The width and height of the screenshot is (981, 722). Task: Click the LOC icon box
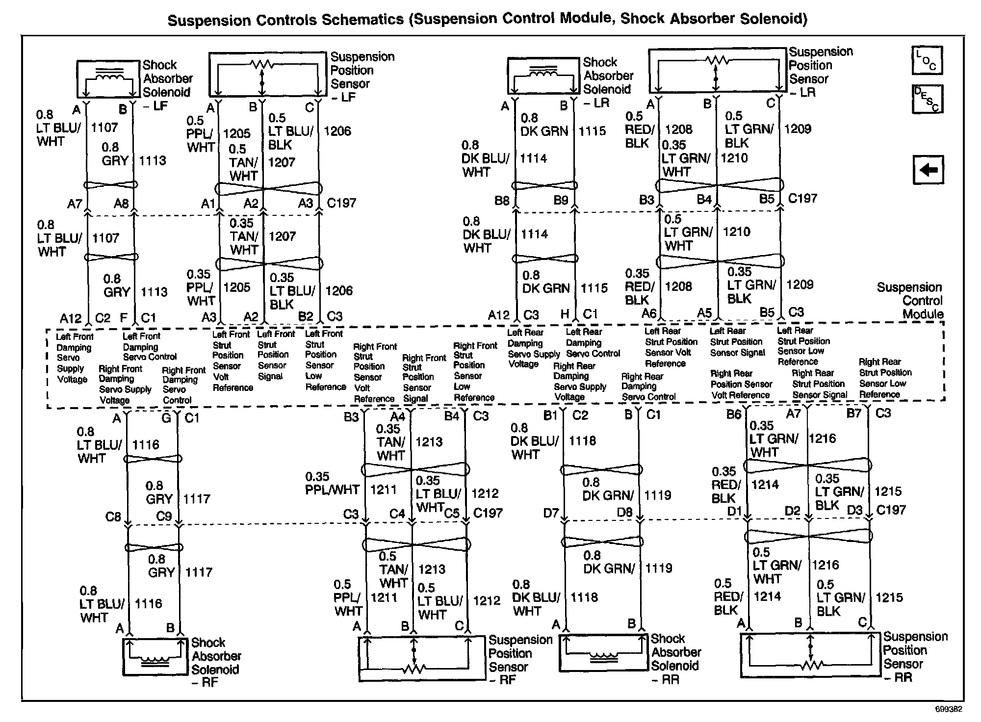(927, 61)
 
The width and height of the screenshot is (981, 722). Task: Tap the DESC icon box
(927, 100)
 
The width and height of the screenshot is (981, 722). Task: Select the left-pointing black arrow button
(928, 170)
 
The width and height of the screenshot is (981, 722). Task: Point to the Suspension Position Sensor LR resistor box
(718, 70)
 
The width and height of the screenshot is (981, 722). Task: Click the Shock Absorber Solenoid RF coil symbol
(155, 656)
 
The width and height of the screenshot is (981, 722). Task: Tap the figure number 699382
(948, 709)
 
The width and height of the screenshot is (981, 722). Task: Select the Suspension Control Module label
(910, 300)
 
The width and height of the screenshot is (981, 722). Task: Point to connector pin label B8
(501, 201)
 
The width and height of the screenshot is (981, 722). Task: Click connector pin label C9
(164, 516)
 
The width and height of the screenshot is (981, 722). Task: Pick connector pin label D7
(551, 513)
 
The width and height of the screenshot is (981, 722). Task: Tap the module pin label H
(565, 314)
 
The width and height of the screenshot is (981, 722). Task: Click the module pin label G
(167, 418)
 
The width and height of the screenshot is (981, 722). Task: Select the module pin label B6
(733, 414)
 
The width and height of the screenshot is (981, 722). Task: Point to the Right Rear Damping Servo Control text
(647, 387)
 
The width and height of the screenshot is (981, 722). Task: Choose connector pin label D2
(792, 511)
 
